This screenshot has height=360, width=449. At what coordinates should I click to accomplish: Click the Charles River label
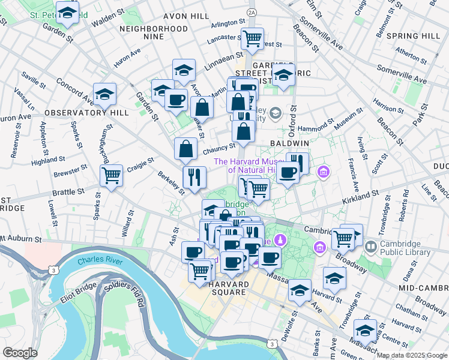click(x=100, y=262)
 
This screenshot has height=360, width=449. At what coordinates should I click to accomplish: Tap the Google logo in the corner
click(x=20, y=352)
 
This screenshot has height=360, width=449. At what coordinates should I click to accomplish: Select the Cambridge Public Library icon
click(x=371, y=247)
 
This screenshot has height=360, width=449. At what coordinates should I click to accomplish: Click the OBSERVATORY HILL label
click(x=78, y=113)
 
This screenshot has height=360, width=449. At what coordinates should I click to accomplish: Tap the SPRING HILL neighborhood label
click(x=414, y=36)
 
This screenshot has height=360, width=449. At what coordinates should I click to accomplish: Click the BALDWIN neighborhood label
click(x=289, y=144)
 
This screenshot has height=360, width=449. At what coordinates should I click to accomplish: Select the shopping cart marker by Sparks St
click(x=111, y=175)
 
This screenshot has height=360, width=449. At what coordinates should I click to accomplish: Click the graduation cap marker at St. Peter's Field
click(x=67, y=13)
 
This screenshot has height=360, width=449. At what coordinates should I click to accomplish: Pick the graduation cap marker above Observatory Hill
click(x=104, y=94)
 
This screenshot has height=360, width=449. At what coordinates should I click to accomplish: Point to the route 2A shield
click(x=251, y=11)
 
